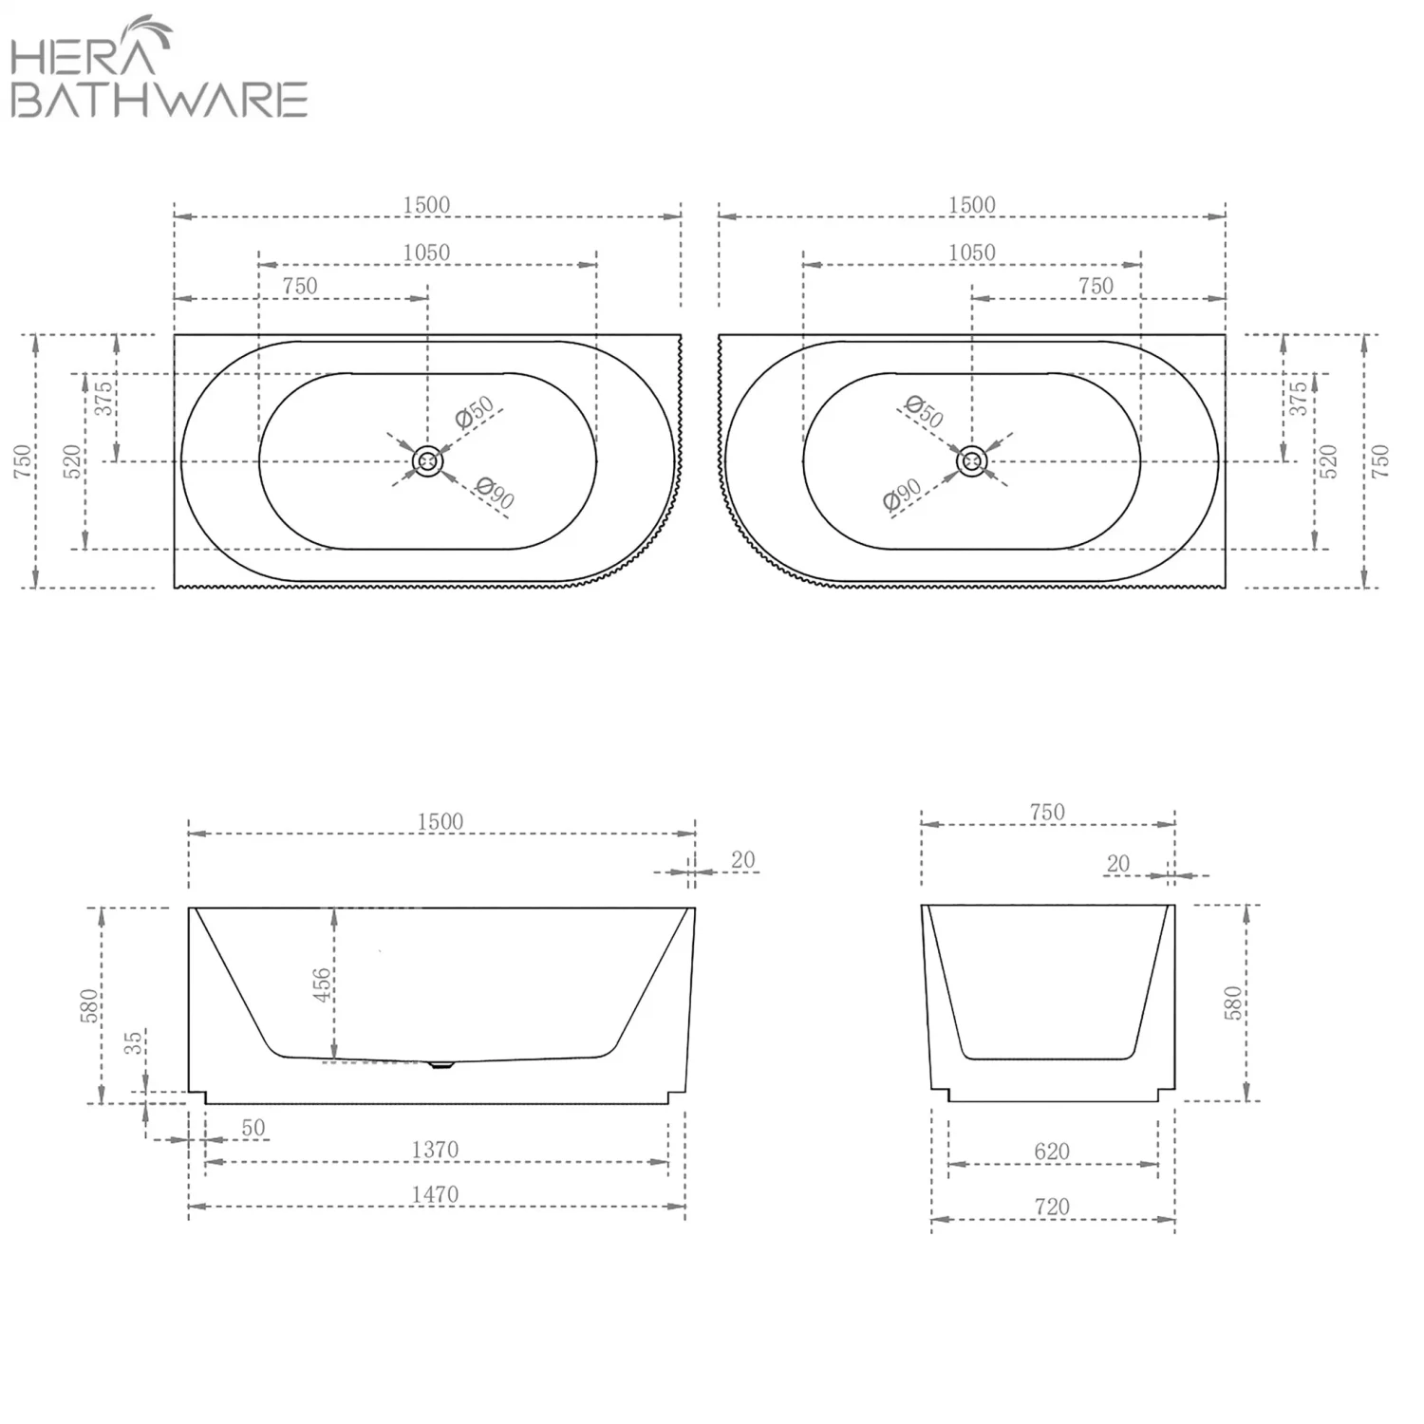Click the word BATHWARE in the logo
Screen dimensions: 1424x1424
coord(159,100)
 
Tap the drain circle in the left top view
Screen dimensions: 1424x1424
coord(428,461)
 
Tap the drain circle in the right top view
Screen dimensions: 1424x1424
coord(972,461)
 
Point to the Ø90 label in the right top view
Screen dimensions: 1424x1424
coord(902,495)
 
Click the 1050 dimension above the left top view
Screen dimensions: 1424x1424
coord(426,253)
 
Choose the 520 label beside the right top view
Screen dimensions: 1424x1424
coord(1328,461)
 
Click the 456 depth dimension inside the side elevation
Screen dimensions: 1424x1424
coord(322,984)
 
